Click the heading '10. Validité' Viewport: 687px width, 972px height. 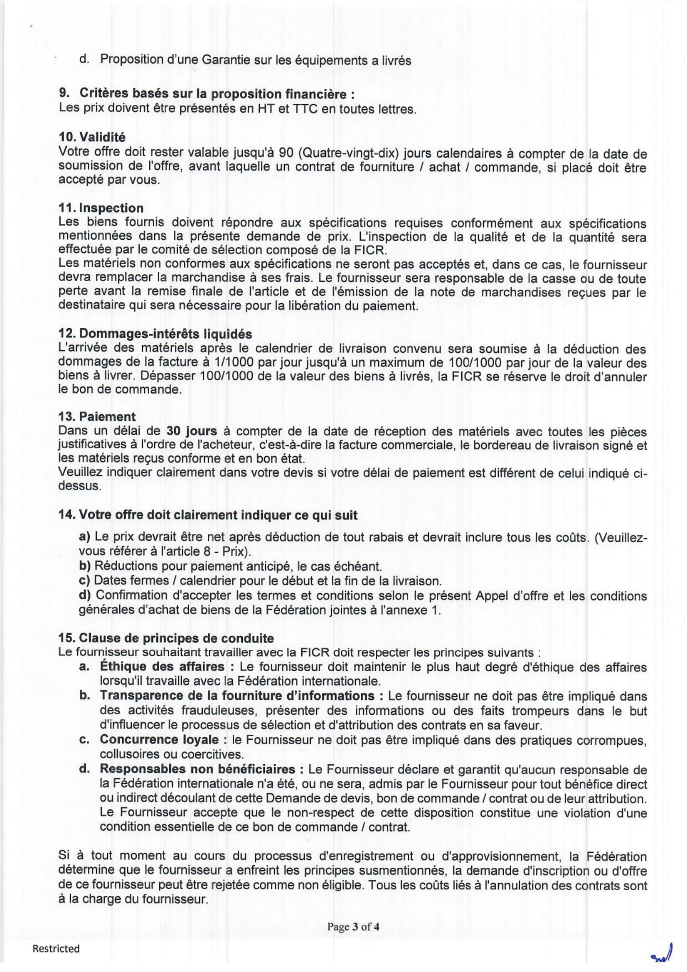point(92,137)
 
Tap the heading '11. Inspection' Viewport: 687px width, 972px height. point(101,208)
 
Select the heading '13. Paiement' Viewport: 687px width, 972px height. point(97,416)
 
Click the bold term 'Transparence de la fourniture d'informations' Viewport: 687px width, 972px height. point(237,696)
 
